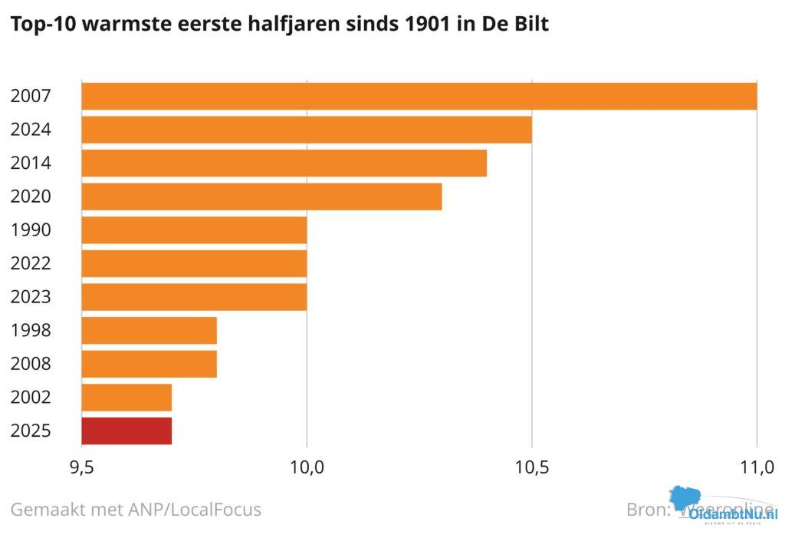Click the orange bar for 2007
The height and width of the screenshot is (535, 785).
419,96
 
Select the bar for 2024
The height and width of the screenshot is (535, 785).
307,130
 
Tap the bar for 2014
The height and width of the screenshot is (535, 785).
284,163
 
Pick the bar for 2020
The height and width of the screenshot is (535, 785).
261,196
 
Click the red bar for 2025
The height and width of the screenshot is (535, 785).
126,431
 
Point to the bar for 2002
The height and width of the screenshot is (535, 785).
126,398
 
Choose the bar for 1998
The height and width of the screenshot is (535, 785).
149,331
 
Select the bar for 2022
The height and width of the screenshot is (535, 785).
194,263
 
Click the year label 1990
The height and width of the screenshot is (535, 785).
31,230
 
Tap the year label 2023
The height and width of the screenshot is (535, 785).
31,298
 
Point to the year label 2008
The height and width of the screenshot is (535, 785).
31,365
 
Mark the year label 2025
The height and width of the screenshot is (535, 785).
31,431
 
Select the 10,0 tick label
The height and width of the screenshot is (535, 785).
307,467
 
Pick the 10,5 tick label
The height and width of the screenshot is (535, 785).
532,467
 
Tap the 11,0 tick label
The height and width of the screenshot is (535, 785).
757,467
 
